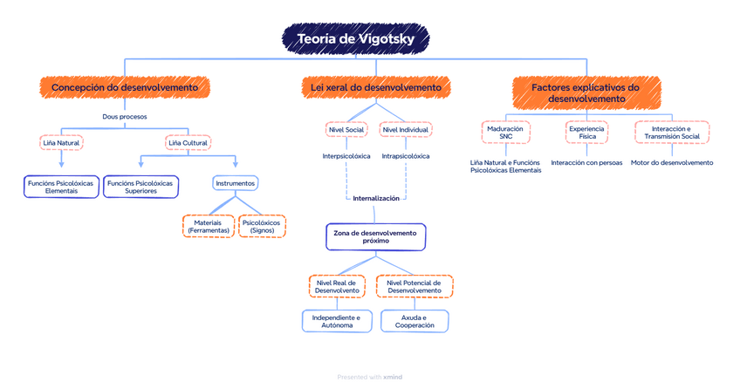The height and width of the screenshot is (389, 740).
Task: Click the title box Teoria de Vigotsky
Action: click(362, 39)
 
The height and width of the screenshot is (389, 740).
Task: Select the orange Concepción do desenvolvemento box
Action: click(125, 87)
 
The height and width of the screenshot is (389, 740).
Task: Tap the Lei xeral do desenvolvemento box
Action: click(376, 87)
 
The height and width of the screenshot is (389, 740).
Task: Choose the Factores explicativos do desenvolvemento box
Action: click(586, 92)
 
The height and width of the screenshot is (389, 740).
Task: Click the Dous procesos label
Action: click(125, 116)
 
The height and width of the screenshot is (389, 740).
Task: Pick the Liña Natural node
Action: click(61, 142)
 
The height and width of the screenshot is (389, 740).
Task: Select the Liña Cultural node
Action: click(188, 142)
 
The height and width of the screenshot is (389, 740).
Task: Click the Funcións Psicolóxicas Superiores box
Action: click(140, 187)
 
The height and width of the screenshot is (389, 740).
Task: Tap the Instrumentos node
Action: click(236, 183)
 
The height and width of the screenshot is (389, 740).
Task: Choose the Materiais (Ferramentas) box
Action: click(209, 227)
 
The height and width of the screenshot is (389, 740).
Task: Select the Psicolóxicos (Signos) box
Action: click(262, 227)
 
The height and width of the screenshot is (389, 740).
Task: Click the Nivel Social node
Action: click(346, 130)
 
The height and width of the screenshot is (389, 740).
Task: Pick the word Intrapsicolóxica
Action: click(406, 156)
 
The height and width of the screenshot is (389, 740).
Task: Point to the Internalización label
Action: click(376, 198)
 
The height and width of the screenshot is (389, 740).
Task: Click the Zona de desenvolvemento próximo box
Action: click(376, 236)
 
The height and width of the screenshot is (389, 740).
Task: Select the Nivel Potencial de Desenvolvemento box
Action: click(415, 286)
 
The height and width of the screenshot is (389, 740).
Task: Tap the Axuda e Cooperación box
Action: click(415, 321)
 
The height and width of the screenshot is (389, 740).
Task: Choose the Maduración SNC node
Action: click(506, 133)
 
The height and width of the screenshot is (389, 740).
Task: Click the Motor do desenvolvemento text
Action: click(672, 162)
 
